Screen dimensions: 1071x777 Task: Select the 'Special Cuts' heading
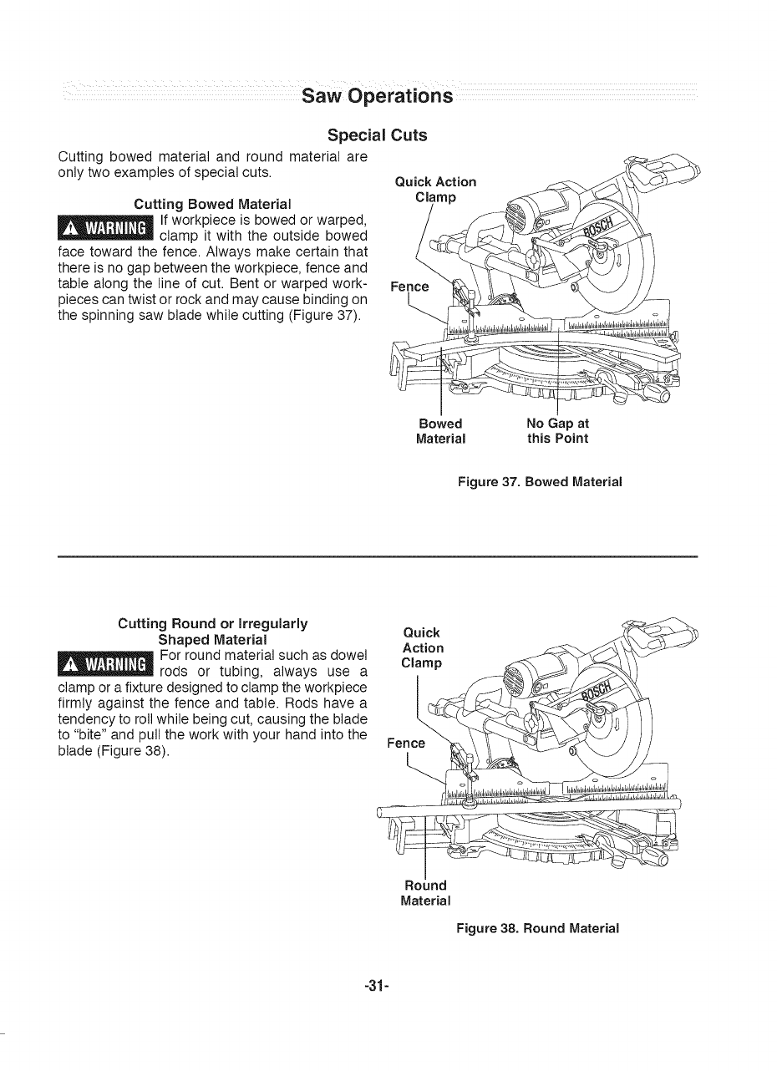(377, 135)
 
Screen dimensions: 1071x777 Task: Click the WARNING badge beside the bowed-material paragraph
(105, 228)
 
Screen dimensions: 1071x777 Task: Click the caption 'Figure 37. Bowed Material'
(541, 482)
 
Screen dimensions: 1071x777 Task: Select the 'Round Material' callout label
(426, 892)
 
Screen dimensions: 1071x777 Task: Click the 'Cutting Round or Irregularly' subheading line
(213, 624)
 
